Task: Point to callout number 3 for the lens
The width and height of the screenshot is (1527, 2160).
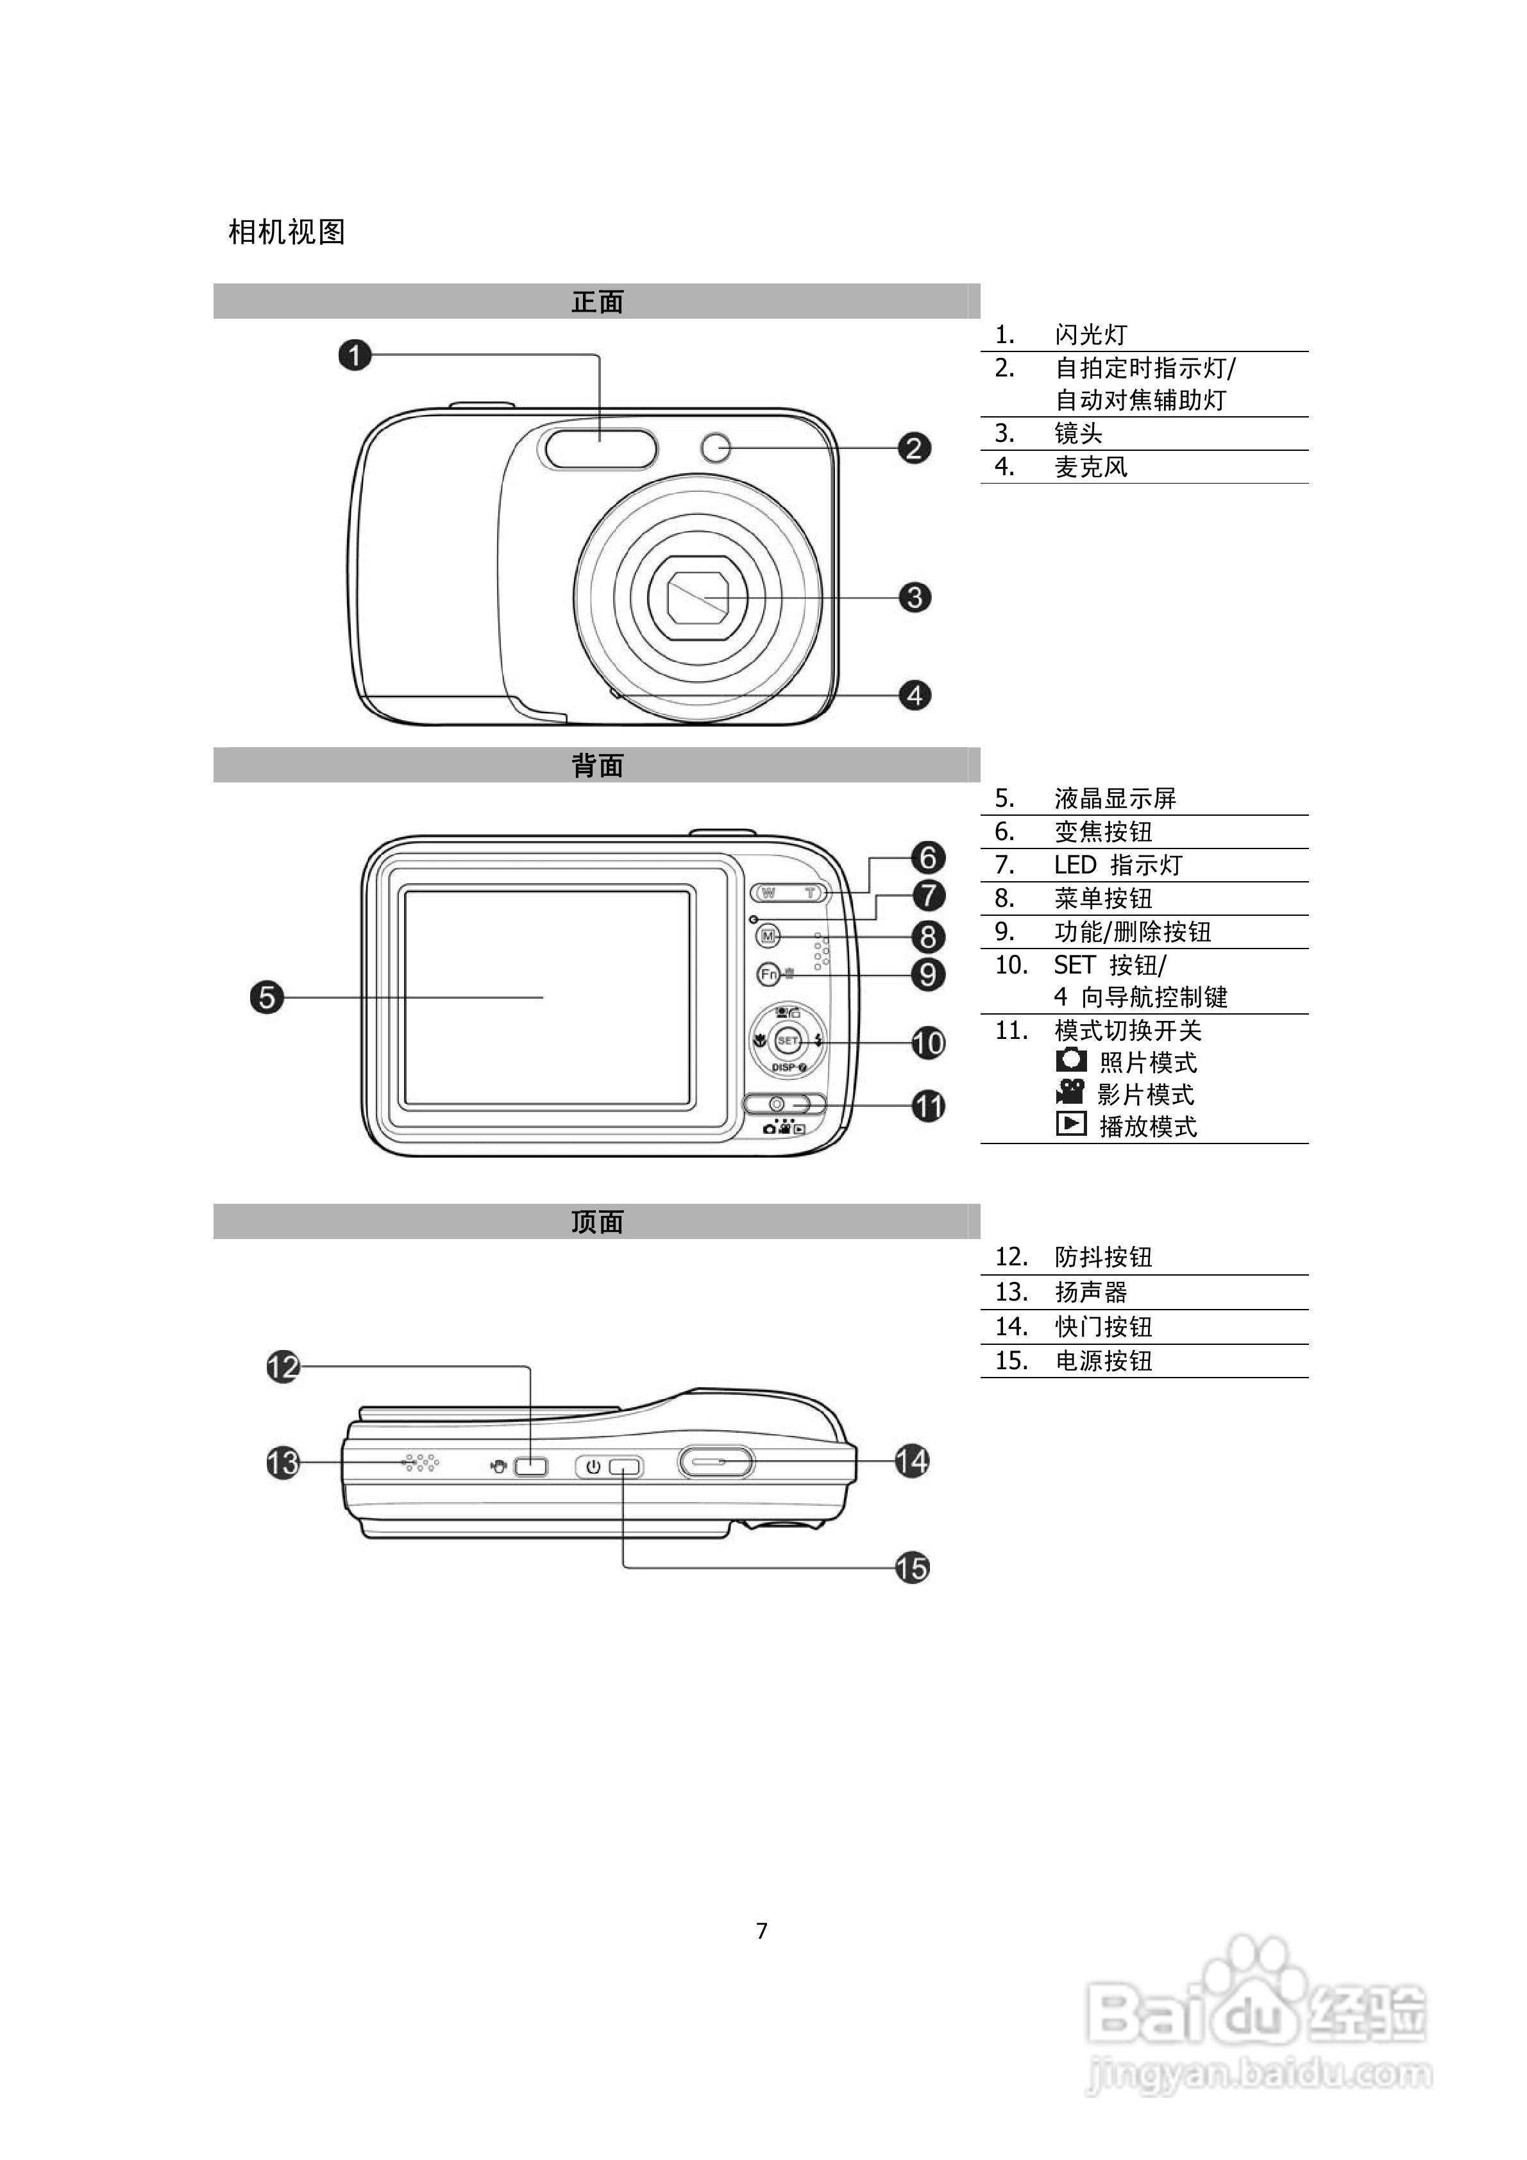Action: click(915, 596)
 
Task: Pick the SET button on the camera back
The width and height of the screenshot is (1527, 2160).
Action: click(786, 1040)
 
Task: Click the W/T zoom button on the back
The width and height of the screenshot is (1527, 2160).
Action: click(788, 892)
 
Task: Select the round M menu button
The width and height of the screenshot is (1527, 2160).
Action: click(769, 936)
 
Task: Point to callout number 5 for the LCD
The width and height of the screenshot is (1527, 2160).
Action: click(267, 997)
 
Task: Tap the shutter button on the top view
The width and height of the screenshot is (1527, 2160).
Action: click(716, 1461)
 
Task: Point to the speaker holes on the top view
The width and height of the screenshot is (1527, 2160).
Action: click(421, 1463)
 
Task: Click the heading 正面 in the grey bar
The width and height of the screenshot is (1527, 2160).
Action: click(598, 302)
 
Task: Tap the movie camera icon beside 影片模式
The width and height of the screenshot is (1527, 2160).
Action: click(1070, 1092)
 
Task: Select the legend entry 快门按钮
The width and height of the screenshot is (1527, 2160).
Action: click(1104, 1326)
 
